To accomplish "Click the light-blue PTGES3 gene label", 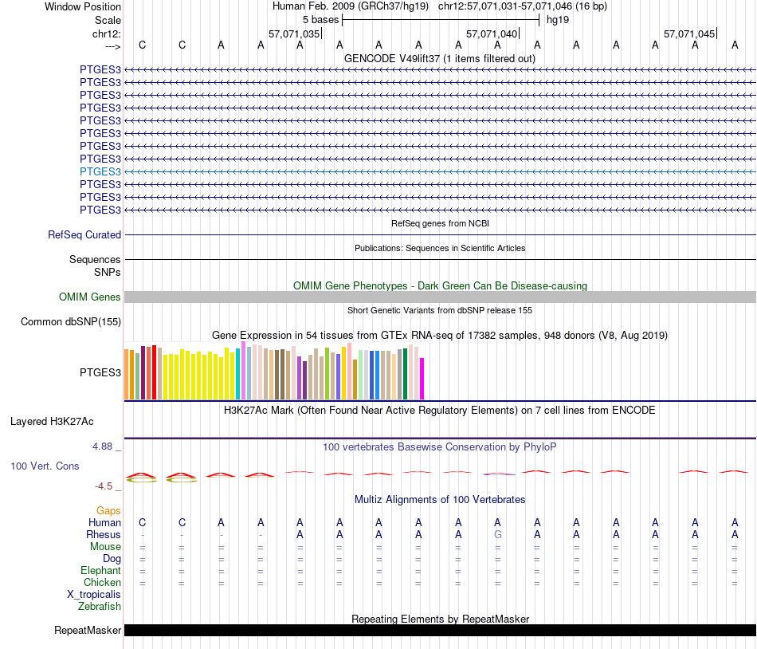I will point(100,171).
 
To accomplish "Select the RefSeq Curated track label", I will point(84,235).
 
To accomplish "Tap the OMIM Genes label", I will point(90,297).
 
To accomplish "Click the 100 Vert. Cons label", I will point(44,466).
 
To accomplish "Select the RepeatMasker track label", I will point(88,631).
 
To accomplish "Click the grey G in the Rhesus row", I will point(498,534).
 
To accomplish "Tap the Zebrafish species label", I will point(100,607).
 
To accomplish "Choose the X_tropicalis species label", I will point(94,595).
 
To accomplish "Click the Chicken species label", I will point(103,583).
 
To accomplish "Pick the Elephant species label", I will point(100,571).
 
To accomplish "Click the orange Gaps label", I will point(108,510).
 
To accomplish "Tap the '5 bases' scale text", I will point(320,19).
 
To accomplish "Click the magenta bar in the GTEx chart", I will point(422,379).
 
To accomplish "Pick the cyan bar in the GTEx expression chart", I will point(238,374).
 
